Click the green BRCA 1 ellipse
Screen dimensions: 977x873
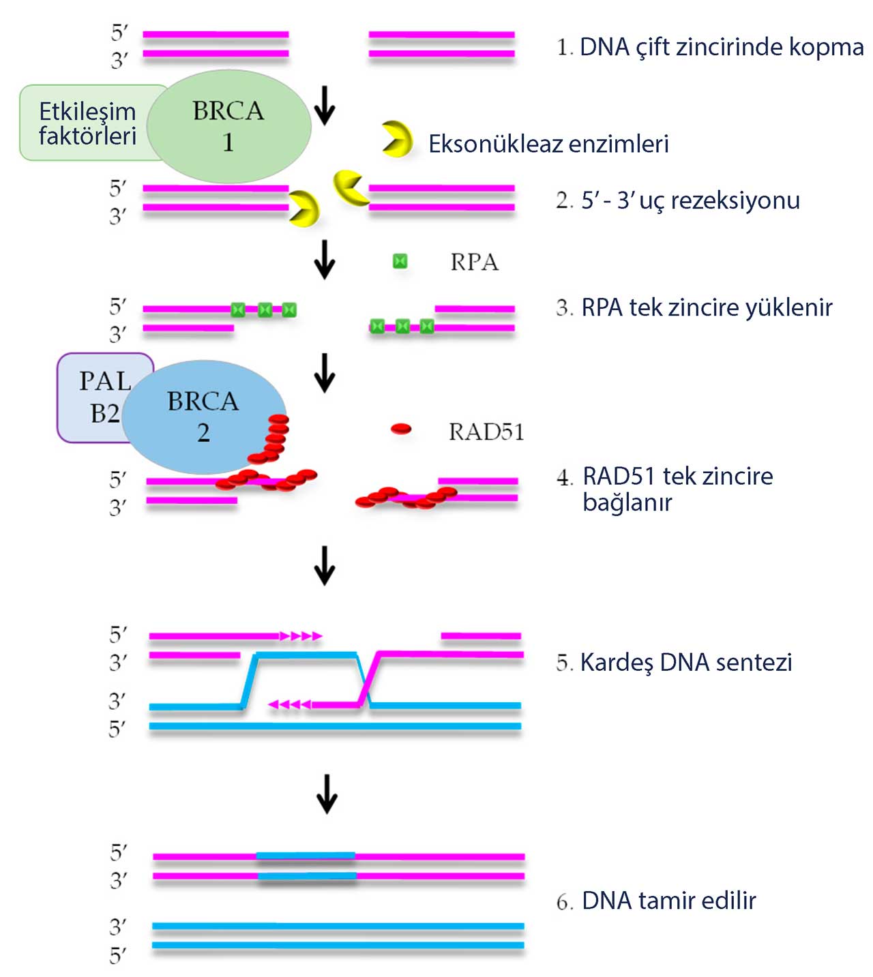tap(228, 126)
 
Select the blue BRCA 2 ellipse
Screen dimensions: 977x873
tap(203, 416)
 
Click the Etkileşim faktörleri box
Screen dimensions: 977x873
tap(87, 123)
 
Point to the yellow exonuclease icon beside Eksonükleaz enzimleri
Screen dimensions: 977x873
tap(396, 139)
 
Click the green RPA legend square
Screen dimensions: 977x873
tap(400, 261)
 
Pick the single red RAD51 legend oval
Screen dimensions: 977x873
tap(401, 429)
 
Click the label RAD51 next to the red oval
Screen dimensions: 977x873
tap(486, 432)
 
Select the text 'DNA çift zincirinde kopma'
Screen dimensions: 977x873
tap(721, 47)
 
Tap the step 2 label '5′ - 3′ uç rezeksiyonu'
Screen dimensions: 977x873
tap(690, 200)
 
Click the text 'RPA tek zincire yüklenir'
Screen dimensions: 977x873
tap(707, 307)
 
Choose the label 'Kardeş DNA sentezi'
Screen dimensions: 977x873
tap(685, 662)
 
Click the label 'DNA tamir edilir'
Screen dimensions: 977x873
tap(668, 901)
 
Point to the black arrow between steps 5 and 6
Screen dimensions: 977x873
tap(327, 794)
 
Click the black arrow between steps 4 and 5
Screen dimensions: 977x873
tap(325, 565)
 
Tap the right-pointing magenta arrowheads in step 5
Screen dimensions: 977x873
tap(301, 636)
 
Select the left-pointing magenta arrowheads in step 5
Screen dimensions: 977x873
tap(290, 704)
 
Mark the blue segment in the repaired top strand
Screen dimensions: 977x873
tap(306, 856)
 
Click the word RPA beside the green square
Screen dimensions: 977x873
tap(474, 262)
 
